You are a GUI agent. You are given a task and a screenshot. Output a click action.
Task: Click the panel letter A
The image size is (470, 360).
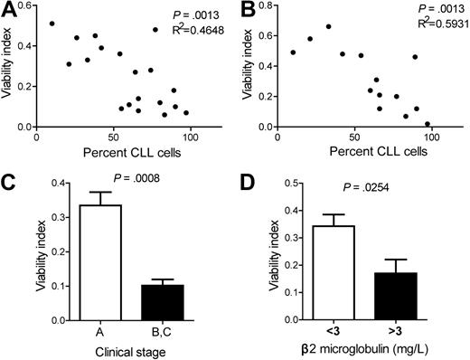tap(9, 9)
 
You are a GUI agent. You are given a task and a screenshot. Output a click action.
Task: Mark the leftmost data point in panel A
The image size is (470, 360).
tap(52, 24)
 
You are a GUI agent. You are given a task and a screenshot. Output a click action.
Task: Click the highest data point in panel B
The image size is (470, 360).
tap(328, 27)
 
